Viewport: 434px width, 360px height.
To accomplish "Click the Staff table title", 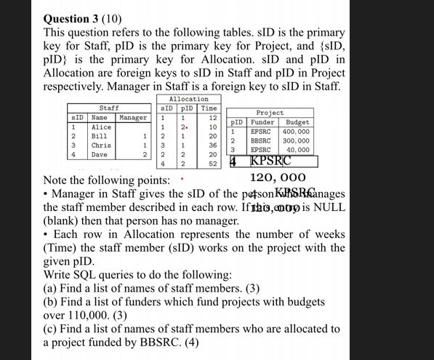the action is [x=109, y=108].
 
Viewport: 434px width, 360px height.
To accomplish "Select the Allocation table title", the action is [x=188, y=99].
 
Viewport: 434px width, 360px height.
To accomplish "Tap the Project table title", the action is [x=270, y=113].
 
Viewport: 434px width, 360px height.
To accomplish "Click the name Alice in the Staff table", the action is [x=101, y=127].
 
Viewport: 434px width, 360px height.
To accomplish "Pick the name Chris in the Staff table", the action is [x=101, y=145].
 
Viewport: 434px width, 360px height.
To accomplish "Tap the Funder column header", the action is [x=262, y=122].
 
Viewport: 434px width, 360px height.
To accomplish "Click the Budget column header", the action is [x=298, y=122].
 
